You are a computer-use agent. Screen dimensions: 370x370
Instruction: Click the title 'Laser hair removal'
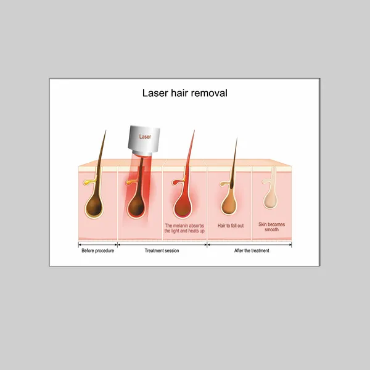185,93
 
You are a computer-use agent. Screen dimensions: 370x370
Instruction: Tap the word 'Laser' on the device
145,137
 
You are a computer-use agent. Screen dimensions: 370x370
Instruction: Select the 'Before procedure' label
97,250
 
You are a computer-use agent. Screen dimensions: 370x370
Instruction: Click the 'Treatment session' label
162,250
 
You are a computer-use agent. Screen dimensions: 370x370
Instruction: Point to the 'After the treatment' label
252,250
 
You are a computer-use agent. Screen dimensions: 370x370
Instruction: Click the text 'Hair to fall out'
231,226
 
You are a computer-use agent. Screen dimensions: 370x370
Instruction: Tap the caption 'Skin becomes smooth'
271,227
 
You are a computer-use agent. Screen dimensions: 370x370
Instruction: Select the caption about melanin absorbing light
184,228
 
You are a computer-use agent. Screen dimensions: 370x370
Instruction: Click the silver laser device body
144,138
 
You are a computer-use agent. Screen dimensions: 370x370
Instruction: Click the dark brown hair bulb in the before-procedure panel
94,206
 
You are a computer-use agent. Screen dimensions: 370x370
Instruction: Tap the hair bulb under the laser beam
136,206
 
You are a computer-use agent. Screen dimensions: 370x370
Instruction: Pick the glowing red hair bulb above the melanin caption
183,206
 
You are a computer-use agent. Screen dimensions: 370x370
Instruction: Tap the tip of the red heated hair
195,130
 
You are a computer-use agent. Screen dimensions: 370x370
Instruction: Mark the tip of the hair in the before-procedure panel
105,130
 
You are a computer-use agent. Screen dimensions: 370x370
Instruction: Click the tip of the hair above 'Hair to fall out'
237,138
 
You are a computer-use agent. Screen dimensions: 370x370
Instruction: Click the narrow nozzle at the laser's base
142,153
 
